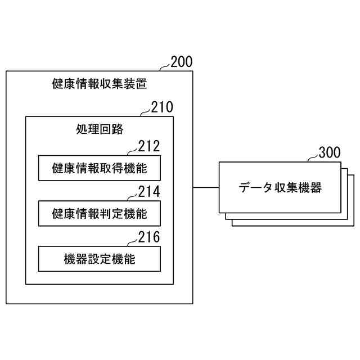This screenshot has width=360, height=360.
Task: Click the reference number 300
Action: click(x=329, y=152)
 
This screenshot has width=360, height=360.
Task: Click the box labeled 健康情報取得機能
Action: click(x=99, y=168)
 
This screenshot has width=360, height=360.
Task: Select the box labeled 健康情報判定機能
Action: click(x=99, y=214)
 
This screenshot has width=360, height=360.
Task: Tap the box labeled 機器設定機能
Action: click(x=99, y=259)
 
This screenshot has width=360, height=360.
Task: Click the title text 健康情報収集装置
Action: click(x=99, y=85)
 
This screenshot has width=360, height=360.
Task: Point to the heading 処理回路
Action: click(x=99, y=129)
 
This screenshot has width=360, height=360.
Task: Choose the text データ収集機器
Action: click(x=280, y=188)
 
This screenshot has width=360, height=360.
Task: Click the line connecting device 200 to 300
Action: click(x=206, y=187)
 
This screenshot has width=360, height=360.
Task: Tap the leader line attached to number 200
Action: click(x=164, y=68)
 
